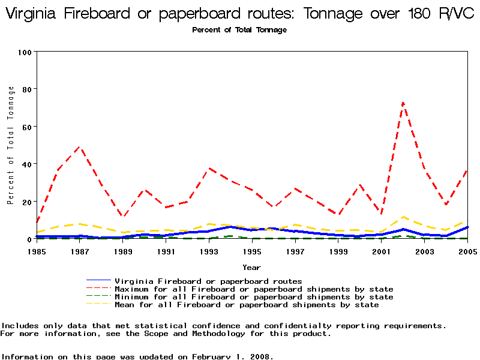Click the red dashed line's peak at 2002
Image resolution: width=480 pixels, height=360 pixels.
click(x=403, y=103)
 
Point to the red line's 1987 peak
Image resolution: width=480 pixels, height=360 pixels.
click(x=80, y=147)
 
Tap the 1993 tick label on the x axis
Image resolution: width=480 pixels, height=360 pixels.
click(x=209, y=251)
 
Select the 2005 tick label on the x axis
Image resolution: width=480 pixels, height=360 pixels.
click(x=467, y=251)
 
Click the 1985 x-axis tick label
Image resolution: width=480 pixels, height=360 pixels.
click(x=37, y=251)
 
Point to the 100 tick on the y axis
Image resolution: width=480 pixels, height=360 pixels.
click(x=24, y=52)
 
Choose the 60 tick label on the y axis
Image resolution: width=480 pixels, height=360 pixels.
click(x=26, y=127)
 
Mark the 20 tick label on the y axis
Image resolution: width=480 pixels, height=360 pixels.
click(x=26, y=202)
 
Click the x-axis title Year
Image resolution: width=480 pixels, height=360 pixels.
click(x=251, y=267)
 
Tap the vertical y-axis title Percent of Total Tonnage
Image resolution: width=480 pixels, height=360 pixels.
click(x=11, y=145)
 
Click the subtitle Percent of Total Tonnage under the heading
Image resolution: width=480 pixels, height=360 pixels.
click(x=239, y=30)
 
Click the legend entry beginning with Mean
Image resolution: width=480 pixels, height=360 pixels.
click(x=247, y=305)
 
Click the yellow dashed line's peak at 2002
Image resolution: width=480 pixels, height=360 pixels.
click(x=403, y=217)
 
